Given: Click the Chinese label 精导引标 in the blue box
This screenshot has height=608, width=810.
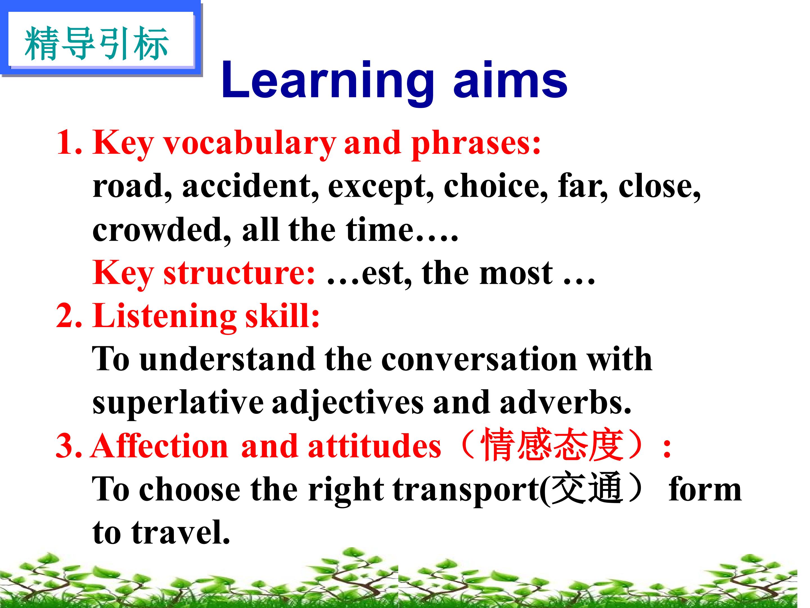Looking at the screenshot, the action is point(96,44).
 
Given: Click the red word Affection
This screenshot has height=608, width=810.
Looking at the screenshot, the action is point(160,446).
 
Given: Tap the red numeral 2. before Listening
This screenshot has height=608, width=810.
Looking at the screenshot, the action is point(69,316).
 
